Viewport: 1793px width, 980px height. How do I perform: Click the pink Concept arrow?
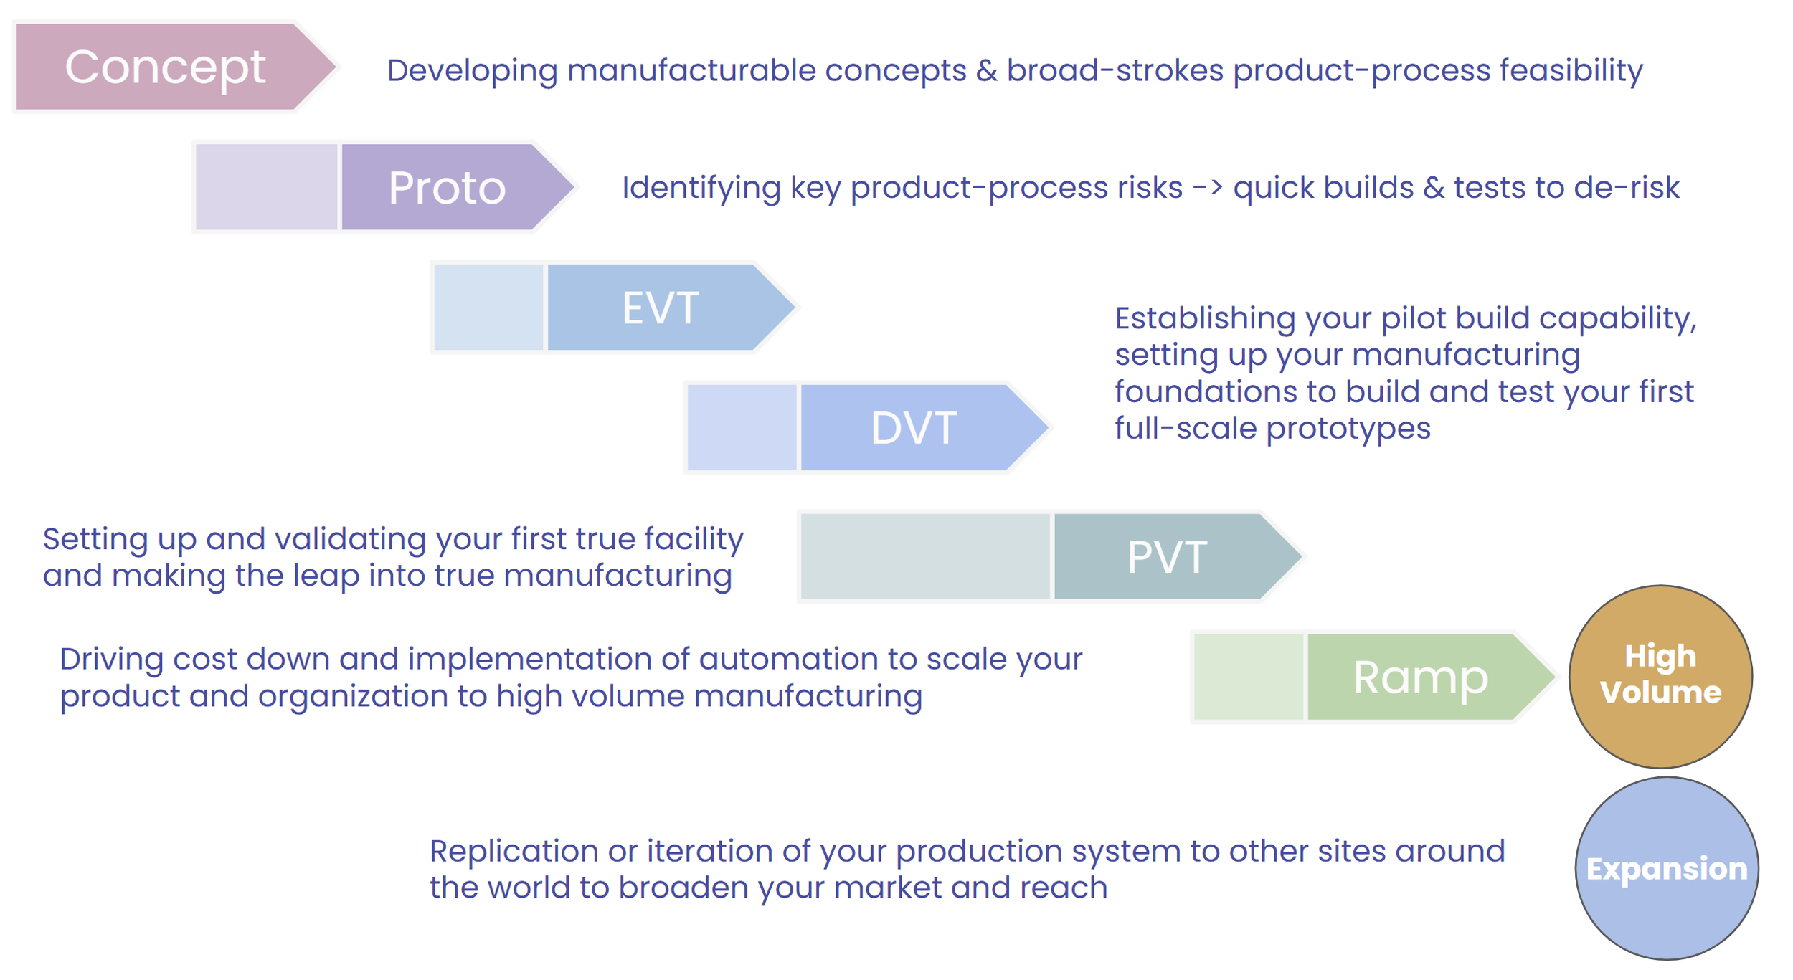click(165, 67)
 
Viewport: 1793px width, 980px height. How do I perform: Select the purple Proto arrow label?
click(447, 188)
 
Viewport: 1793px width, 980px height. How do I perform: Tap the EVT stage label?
click(660, 308)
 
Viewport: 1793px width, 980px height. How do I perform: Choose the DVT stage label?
click(913, 428)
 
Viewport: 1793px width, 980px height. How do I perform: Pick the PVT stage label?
click(1167, 557)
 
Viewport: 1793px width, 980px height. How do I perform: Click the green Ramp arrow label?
click(1420, 677)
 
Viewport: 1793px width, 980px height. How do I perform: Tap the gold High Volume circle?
click(1660, 675)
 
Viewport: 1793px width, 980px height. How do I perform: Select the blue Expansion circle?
click(1666, 868)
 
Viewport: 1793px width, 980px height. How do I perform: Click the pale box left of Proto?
click(266, 187)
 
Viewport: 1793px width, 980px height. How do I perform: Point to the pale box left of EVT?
click(488, 308)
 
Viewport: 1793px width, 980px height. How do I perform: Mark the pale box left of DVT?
click(742, 428)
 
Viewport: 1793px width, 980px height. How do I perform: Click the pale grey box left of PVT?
click(924, 557)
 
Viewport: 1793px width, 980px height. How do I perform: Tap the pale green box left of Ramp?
click(1248, 677)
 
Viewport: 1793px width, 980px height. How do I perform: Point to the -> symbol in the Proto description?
click(1207, 188)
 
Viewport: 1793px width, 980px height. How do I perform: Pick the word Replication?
click(514, 852)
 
